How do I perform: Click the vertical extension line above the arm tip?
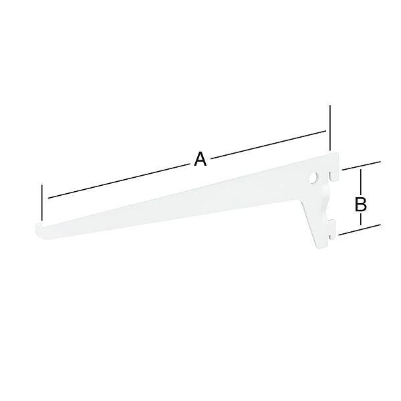[x=42, y=203]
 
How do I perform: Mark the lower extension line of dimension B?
[x=360, y=229]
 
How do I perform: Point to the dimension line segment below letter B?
[x=361, y=220]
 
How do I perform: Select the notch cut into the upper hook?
[x=331, y=176]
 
